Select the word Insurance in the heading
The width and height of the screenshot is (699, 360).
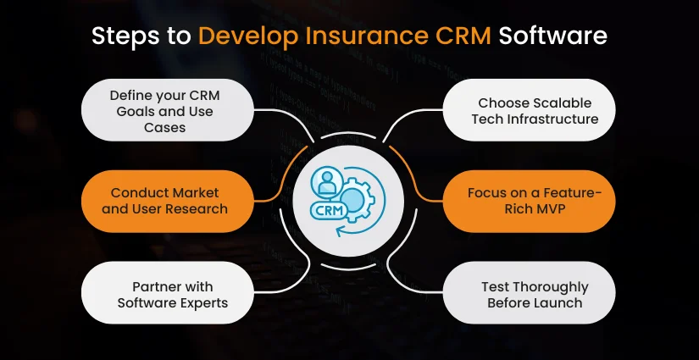[x=359, y=37]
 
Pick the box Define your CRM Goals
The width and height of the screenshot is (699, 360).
[x=162, y=111]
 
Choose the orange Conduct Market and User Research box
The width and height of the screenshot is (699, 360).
[x=162, y=201]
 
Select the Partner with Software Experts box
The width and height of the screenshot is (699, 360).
[x=162, y=294]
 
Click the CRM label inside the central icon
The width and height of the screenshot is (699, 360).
[x=330, y=209]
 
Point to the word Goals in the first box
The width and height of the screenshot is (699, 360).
[x=161, y=111]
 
